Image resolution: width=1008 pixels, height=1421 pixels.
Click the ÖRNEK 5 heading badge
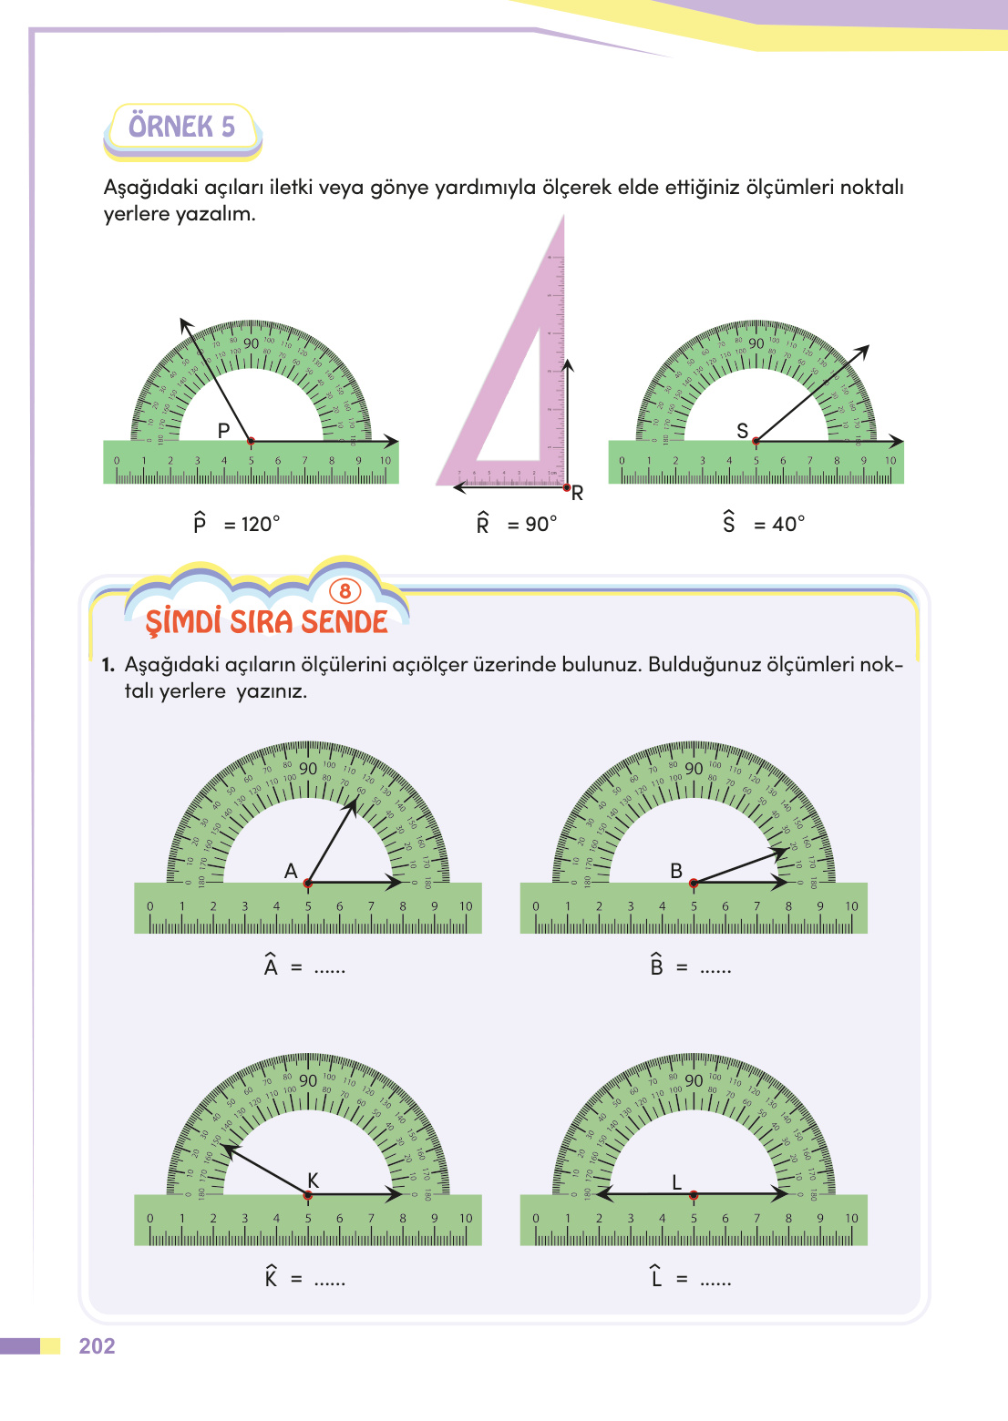(182, 128)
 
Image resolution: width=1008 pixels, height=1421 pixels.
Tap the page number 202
(97, 1346)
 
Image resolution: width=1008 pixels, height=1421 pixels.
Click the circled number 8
(345, 592)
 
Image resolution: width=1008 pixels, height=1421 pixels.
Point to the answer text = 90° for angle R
(532, 525)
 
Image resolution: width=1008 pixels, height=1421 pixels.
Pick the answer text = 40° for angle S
(780, 525)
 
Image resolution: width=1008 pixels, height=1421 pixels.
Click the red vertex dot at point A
(308, 883)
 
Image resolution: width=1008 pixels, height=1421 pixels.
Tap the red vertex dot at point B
(694, 883)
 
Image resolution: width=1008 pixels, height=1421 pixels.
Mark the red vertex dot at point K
(308, 1194)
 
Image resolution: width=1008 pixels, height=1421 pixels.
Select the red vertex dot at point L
(694, 1194)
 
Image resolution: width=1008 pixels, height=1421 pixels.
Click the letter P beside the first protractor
(223, 431)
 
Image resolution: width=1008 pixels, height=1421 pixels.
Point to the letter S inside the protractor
(742, 431)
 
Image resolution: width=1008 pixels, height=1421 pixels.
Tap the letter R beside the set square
(577, 494)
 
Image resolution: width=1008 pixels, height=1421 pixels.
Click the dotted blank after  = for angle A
(330, 969)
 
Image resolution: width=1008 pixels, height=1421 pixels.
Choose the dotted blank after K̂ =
(330, 1281)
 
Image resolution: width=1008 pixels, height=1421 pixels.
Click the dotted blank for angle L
(715, 1281)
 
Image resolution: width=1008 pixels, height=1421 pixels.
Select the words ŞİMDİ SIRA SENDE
(267, 622)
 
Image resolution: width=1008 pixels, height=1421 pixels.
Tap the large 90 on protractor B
(694, 769)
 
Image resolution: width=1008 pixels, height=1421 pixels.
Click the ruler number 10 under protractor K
(466, 1219)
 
